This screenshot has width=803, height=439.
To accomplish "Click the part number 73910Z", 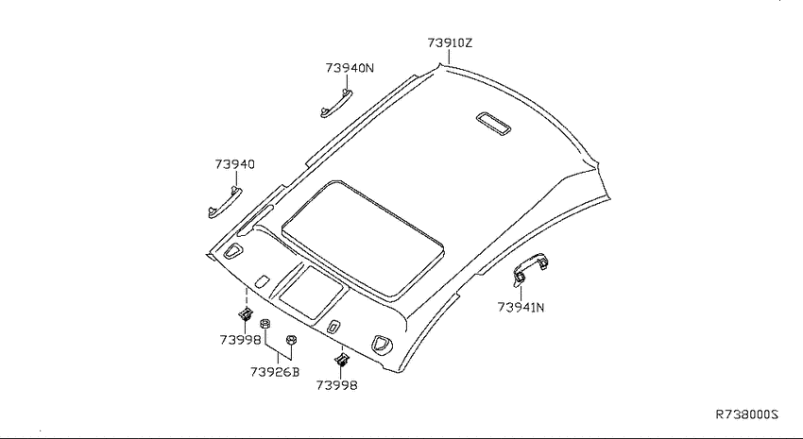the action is pyautogui.click(x=450, y=43).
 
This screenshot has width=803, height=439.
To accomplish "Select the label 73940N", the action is pyautogui.click(x=350, y=68).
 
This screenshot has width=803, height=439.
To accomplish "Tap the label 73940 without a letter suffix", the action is pyautogui.click(x=234, y=164).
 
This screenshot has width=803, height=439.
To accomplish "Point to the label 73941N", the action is pyautogui.click(x=521, y=308).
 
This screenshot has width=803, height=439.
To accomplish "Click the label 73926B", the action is pyautogui.click(x=275, y=372).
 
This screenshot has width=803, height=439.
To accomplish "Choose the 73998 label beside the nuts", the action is pyautogui.click(x=240, y=340).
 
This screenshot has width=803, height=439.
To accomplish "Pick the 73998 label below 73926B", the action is pyautogui.click(x=336, y=385).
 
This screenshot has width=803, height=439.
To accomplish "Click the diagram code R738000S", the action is pyautogui.click(x=746, y=414).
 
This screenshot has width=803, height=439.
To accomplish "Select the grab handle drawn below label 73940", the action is pyautogui.click(x=225, y=203).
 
